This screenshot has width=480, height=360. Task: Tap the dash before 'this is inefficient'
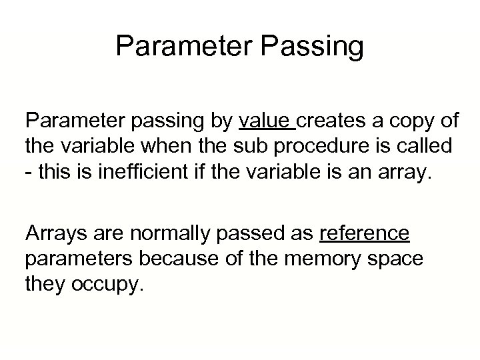click(x=29, y=168)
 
